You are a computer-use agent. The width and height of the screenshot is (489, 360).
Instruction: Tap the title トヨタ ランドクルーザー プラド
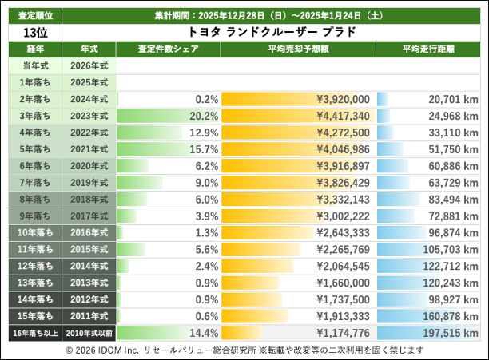271,32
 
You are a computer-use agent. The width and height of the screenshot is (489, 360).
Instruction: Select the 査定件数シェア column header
169,49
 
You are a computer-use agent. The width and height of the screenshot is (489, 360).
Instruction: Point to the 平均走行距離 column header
429,49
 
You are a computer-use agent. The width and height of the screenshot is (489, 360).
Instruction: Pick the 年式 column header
89,49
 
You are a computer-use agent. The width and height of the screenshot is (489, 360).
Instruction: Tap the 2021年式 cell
89,148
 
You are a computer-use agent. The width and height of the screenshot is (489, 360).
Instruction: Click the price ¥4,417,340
342,115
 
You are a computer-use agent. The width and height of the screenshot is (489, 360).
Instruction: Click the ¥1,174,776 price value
342,332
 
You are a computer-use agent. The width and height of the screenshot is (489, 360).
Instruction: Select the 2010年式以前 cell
89,332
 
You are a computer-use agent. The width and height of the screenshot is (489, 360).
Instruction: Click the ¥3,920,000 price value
342,99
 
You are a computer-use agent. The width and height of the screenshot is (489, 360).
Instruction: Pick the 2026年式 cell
89,65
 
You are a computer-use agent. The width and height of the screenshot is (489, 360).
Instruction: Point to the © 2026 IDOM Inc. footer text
101,350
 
